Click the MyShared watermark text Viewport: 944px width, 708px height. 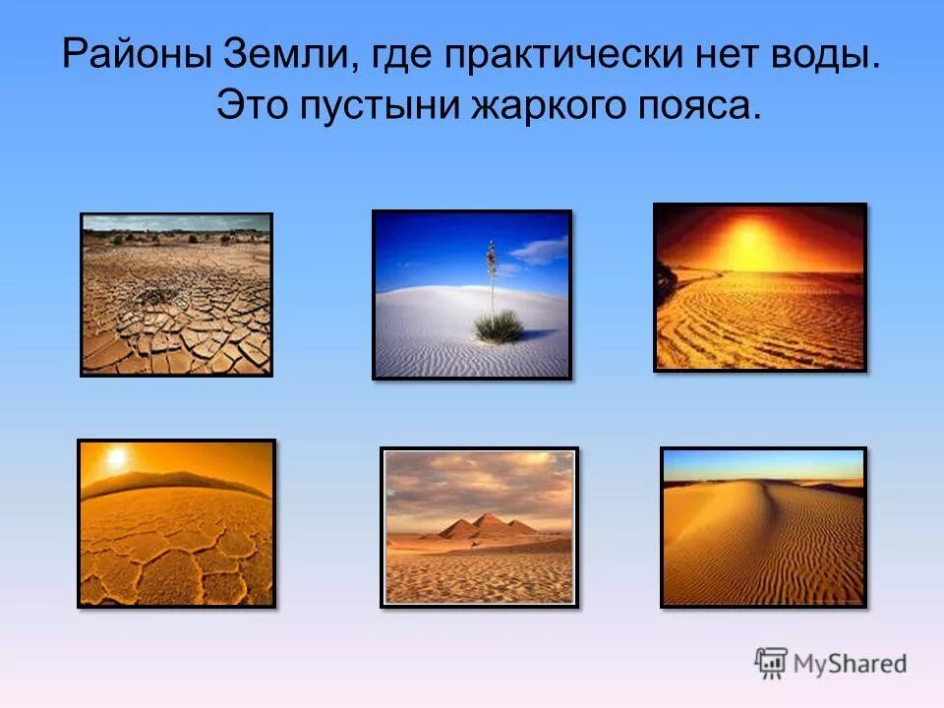click(852, 664)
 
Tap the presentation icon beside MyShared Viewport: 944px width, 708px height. click(772, 664)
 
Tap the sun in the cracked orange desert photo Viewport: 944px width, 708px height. click(116, 457)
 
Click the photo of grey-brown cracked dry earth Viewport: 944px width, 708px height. click(176, 294)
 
